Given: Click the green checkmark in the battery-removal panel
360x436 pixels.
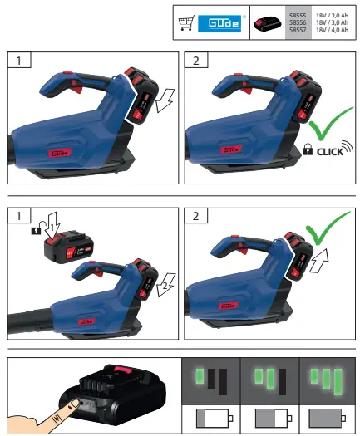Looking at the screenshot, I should click(316, 228).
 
